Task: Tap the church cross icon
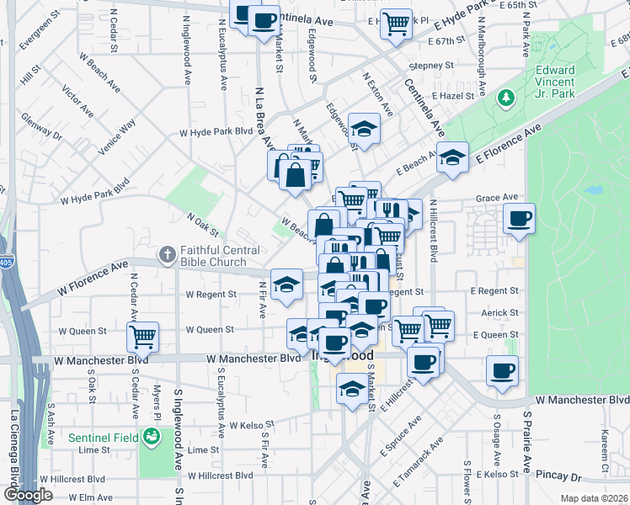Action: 168,253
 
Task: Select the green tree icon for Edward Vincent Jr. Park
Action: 506,98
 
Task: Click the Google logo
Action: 28,494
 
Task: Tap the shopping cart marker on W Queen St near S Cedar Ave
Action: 143,336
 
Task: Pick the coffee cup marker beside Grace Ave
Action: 519,219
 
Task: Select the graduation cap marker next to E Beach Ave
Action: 452,157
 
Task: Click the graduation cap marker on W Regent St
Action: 286,284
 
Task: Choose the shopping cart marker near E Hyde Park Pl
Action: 396,23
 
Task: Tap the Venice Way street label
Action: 116,138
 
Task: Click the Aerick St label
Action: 500,312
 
